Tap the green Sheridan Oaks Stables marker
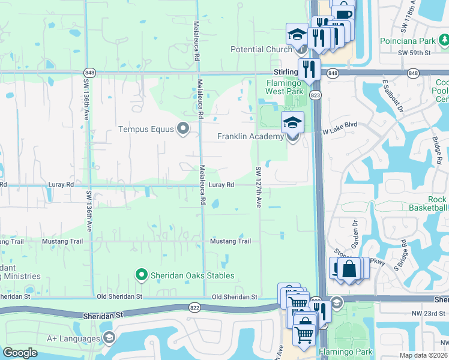[142, 275]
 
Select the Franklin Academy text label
[250, 137]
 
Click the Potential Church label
[261, 49]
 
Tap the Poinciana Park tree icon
[444, 41]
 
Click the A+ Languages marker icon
[109, 338]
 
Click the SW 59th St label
[414, 53]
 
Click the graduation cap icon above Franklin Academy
[292, 123]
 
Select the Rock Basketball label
[429, 203]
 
